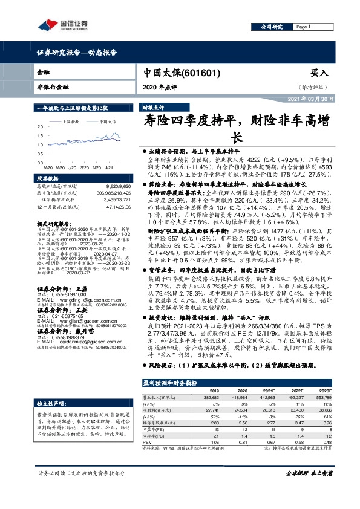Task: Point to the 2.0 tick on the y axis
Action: click(x=40, y=127)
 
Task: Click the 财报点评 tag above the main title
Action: click(x=154, y=106)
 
